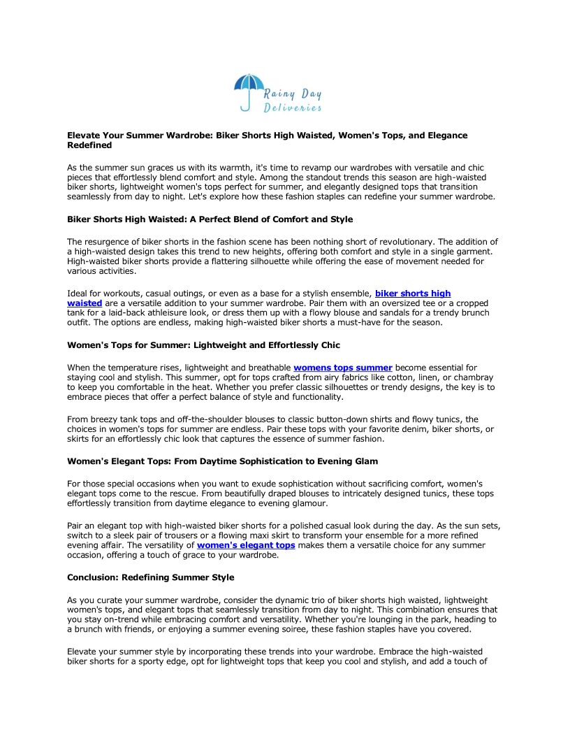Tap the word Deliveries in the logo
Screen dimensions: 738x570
(x=293, y=108)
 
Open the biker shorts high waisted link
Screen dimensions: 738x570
(x=412, y=294)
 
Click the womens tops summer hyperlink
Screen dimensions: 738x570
(x=342, y=368)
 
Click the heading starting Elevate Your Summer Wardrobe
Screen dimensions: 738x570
(x=267, y=136)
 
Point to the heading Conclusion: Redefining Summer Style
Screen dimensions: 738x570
(x=150, y=577)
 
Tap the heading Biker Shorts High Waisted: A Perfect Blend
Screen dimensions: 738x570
(x=210, y=219)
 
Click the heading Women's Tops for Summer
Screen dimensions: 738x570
(x=203, y=345)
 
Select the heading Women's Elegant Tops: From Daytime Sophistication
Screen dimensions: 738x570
(x=222, y=461)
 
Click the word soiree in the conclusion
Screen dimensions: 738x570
(x=338, y=629)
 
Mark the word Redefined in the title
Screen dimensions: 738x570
(x=89, y=145)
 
